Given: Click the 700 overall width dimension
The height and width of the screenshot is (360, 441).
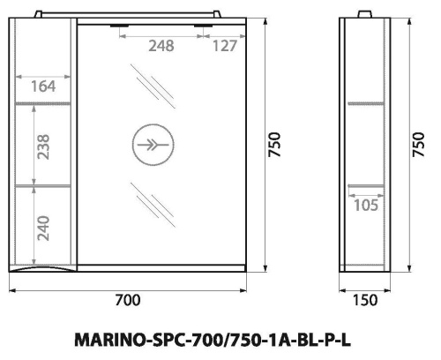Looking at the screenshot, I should point(128,300).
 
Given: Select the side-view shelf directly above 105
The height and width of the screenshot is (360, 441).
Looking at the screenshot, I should point(367,186).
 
